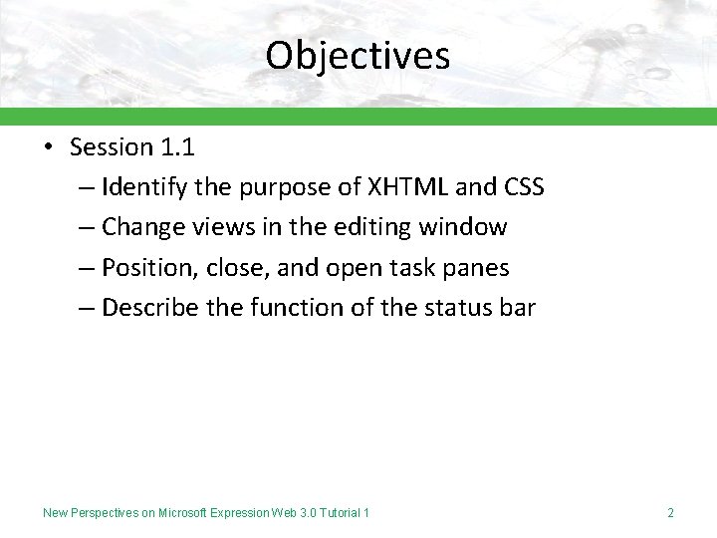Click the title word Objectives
[x=358, y=55]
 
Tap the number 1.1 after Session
[x=176, y=147]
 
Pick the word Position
[x=144, y=268]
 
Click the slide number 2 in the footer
[x=670, y=513]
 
